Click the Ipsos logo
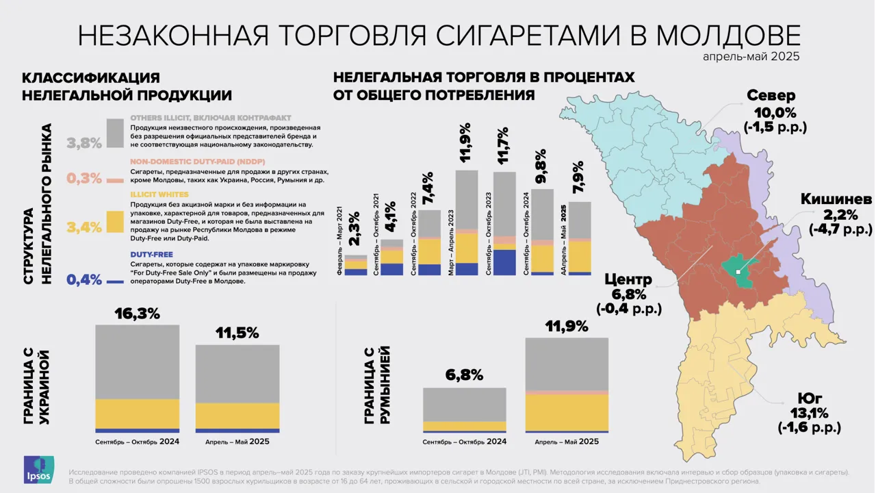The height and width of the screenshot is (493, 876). [x=38, y=470]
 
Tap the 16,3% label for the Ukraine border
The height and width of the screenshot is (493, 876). [x=137, y=314]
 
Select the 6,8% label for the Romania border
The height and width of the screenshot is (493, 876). [x=464, y=375]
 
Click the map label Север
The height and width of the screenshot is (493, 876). [x=771, y=95]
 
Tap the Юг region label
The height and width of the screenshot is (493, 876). [x=809, y=398]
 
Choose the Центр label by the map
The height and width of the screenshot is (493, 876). [x=628, y=279]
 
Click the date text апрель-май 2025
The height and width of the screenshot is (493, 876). [x=751, y=57]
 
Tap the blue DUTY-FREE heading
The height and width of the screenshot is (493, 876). [x=151, y=254]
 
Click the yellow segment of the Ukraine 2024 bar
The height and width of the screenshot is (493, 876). [x=137, y=414]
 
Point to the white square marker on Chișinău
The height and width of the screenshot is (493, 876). [x=738, y=272]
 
